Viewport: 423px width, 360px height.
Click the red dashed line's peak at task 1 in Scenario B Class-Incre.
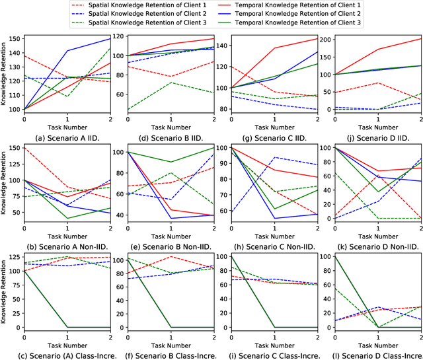point(171,256)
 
